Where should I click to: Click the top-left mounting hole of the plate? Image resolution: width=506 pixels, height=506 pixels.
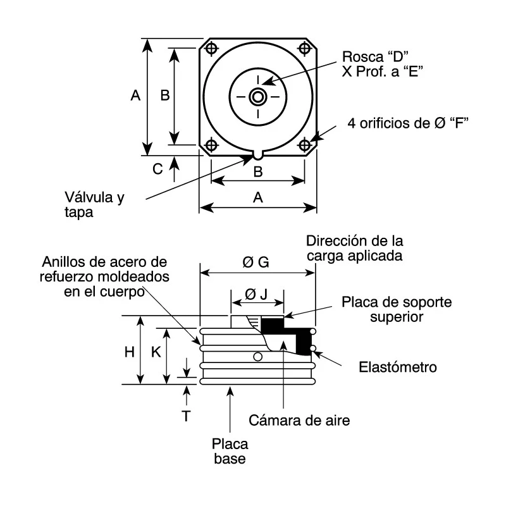(211, 49)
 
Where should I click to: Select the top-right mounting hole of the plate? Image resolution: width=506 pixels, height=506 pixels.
(305, 49)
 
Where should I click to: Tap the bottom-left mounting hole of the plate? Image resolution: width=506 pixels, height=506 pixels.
(211, 145)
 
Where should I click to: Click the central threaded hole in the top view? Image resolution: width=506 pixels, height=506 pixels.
(258, 97)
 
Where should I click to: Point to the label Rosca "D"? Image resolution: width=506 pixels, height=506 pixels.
(375, 57)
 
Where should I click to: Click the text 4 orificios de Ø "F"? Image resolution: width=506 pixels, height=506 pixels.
(408, 123)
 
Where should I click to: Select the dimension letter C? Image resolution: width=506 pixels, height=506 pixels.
(157, 169)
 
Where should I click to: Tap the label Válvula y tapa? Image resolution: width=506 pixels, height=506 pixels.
(94, 204)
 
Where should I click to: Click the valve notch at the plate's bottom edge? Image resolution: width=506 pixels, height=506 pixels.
(258, 155)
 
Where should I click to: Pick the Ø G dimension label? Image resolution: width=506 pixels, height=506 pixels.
(256, 262)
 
